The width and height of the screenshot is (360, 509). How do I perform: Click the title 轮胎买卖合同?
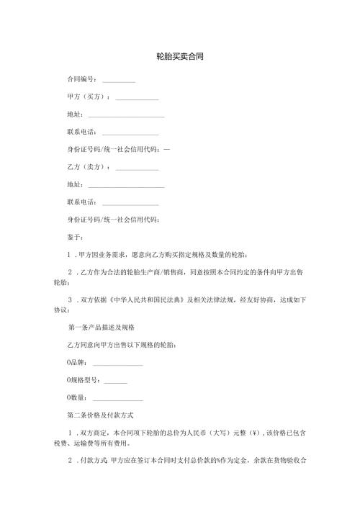[179, 55]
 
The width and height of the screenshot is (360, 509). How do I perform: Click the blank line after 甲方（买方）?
[137, 98]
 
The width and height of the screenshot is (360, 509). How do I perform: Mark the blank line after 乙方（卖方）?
[137, 168]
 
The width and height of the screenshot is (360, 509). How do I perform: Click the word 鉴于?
[74, 237]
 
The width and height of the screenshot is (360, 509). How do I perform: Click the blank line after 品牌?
[118, 364]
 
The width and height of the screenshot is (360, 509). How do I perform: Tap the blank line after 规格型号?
[115, 382]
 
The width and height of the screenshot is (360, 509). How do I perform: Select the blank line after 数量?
[118, 400]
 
